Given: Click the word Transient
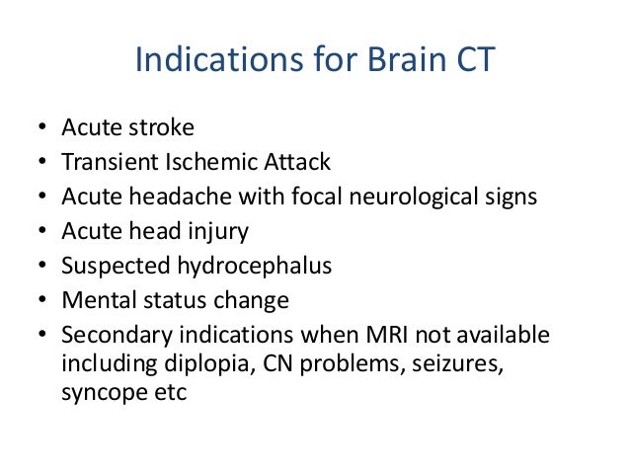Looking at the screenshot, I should click(x=106, y=163).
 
